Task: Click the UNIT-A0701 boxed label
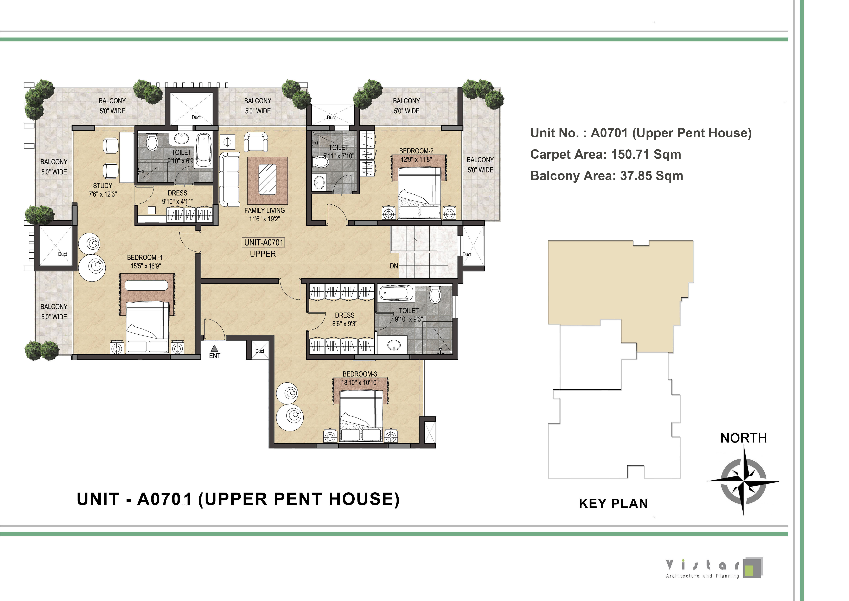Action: coord(264,242)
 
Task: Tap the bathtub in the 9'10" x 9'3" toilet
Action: coord(396,293)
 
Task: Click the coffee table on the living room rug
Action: coord(267,179)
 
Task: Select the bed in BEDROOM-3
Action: coord(361,416)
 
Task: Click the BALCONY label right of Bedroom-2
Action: coord(480,160)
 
